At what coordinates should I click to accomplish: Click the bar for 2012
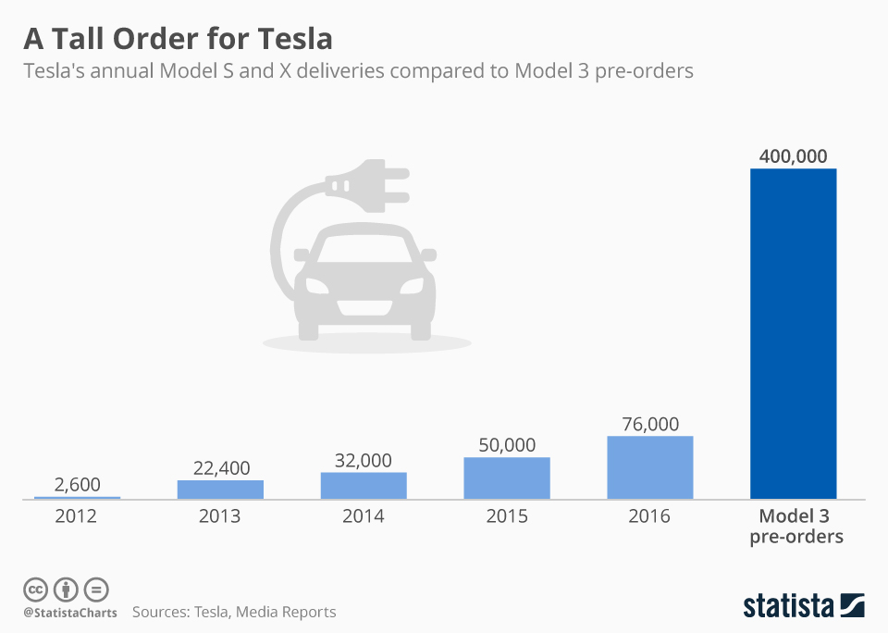click(x=77, y=498)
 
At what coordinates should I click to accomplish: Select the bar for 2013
click(x=220, y=490)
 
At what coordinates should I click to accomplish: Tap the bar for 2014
click(x=364, y=486)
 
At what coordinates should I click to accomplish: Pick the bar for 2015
click(x=507, y=478)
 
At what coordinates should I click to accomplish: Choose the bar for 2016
click(x=650, y=467)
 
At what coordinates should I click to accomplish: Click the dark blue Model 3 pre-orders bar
click(x=793, y=333)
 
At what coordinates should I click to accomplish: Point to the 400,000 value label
click(x=793, y=155)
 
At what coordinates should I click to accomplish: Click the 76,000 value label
click(x=650, y=424)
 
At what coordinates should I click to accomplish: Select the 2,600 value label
click(x=77, y=484)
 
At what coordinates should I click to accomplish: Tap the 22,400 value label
click(x=220, y=468)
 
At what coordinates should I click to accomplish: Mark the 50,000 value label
click(x=507, y=445)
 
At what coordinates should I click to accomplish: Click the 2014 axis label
click(x=364, y=516)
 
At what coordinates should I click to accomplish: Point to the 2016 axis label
click(x=650, y=516)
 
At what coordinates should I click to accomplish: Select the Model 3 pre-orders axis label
click(x=795, y=526)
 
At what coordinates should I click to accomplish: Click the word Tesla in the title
click(x=286, y=40)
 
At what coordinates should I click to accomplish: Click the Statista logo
click(x=803, y=606)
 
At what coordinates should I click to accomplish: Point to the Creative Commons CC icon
click(x=35, y=590)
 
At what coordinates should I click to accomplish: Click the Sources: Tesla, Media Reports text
click(x=234, y=612)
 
